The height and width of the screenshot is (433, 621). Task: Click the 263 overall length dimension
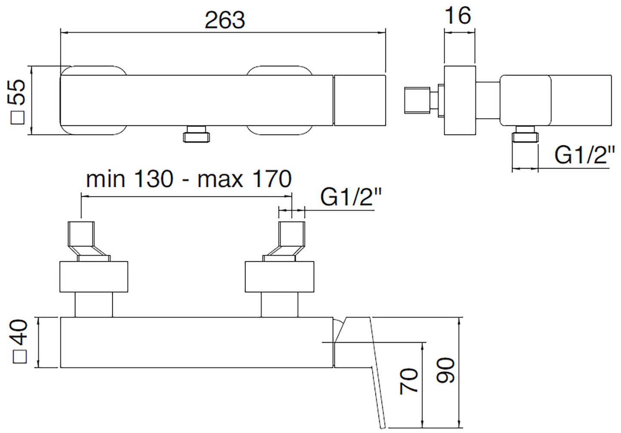pyautogui.click(x=225, y=20)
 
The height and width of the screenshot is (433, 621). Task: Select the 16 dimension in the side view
pyautogui.click(x=458, y=15)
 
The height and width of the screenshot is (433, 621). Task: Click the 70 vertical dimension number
pyautogui.click(x=409, y=381)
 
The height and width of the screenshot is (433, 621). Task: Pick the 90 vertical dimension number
pyautogui.click(x=446, y=370)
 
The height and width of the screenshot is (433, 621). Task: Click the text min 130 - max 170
pyautogui.click(x=189, y=179)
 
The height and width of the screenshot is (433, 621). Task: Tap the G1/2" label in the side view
pyautogui.click(x=584, y=155)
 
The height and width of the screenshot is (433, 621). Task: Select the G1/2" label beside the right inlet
pyautogui.click(x=351, y=197)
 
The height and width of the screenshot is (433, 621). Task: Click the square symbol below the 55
pyautogui.click(x=18, y=117)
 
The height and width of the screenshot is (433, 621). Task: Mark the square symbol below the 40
pyautogui.click(x=20, y=356)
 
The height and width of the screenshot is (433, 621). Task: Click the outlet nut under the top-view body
pyautogui.click(x=197, y=134)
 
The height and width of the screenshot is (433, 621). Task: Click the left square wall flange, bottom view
pyautogui.click(x=94, y=276)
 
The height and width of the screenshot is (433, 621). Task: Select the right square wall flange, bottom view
pyautogui.click(x=279, y=276)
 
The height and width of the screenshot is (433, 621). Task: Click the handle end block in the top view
pyautogui.click(x=360, y=100)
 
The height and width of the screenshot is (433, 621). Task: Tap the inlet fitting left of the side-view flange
pyautogui.click(x=417, y=101)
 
